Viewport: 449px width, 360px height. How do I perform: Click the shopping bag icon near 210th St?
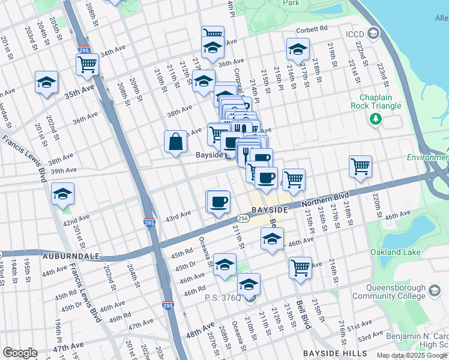[x=175, y=143]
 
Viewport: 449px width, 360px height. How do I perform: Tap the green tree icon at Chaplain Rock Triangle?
[x=376, y=119]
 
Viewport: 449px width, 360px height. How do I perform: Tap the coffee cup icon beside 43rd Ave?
[x=218, y=202]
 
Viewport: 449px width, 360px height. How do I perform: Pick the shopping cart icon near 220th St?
[x=360, y=166]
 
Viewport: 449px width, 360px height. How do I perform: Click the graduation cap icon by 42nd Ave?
[x=62, y=194]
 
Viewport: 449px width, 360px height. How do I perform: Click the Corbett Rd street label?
[x=311, y=29]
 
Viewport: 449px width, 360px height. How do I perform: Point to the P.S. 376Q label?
[x=223, y=298]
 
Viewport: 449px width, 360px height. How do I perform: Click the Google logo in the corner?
[x=20, y=353]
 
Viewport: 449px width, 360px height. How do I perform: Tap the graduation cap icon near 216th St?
[x=297, y=49]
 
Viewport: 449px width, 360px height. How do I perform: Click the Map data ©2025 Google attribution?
[x=412, y=355]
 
